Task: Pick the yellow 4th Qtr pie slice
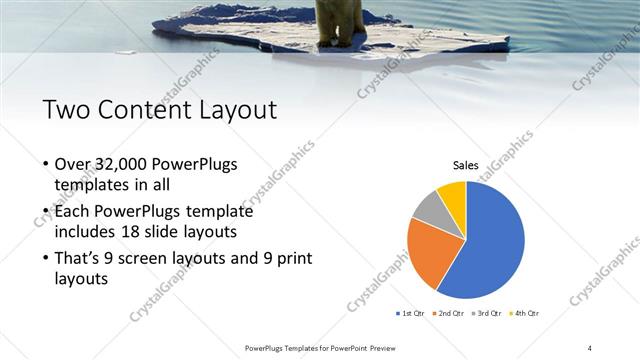452,195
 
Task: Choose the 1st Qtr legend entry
410,314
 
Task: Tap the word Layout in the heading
228,109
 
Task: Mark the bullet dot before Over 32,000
46,165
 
